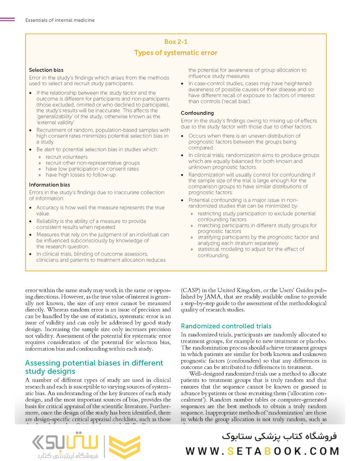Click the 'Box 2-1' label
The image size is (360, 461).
[176, 42]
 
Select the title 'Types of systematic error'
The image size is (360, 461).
[176, 53]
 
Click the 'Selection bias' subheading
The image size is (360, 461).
[46, 70]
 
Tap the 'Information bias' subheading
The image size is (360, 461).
[49, 185]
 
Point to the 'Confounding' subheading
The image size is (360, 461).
[197, 113]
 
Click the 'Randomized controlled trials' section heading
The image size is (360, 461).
[226, 326]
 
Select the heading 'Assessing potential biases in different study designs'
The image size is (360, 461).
[94, 367]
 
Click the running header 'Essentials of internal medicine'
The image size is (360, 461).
[60, 20]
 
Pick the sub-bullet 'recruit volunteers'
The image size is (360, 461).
[67, 157]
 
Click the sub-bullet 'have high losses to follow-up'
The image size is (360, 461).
[81, 175]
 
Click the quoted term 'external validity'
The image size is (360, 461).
[49, 123]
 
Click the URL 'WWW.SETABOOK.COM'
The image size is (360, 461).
[262, 451]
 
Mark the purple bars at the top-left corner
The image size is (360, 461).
[7, 20]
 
